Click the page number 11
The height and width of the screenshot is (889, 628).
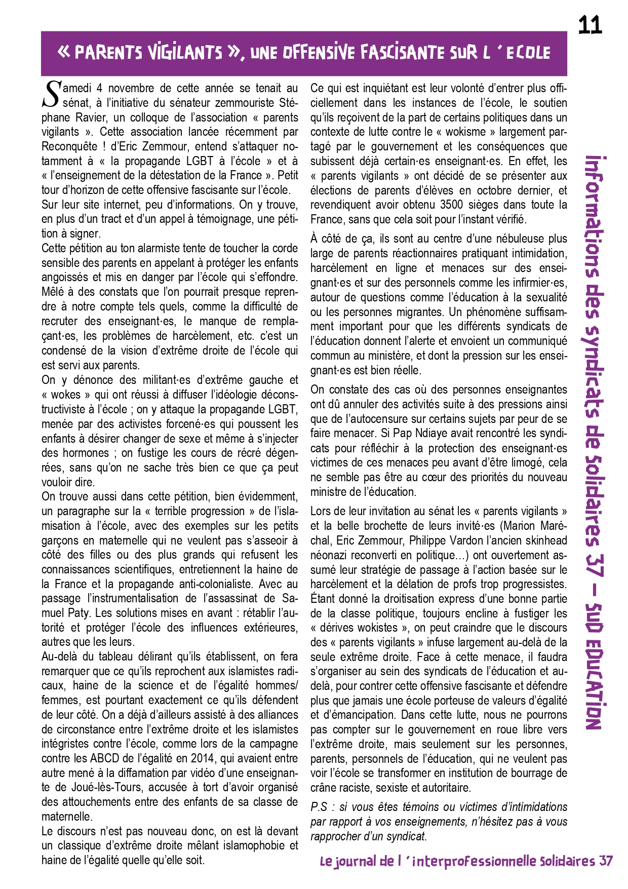point(590,25)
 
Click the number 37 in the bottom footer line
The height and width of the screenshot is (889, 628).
point(605,861)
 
